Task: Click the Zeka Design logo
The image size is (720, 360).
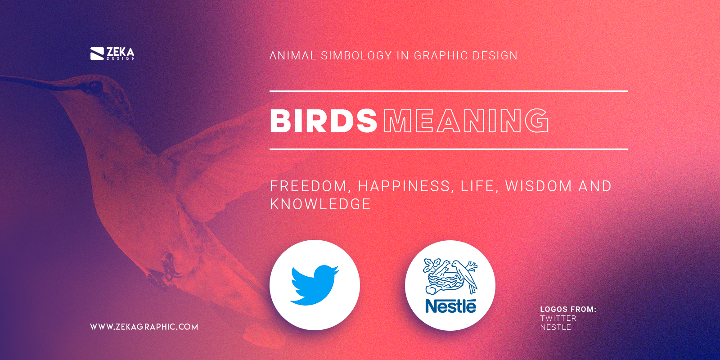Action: pos(112,54)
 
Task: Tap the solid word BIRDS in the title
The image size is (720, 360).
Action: pos(323,121)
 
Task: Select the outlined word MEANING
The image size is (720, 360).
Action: pos(466,121)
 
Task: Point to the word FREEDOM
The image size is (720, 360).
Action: pos(308,186)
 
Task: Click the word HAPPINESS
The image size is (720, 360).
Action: pos(404,186)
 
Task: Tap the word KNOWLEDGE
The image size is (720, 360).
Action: pos(320,204)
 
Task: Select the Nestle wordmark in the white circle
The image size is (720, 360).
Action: pos(450,306)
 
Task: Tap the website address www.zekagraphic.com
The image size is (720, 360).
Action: pos(144,327)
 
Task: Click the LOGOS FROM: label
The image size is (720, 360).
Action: pos(568,309)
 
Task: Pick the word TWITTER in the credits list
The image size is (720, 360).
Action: pos(558,318)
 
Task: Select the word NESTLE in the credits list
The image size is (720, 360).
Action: pos(555,327)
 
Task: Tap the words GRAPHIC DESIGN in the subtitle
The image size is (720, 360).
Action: pos(466,56)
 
